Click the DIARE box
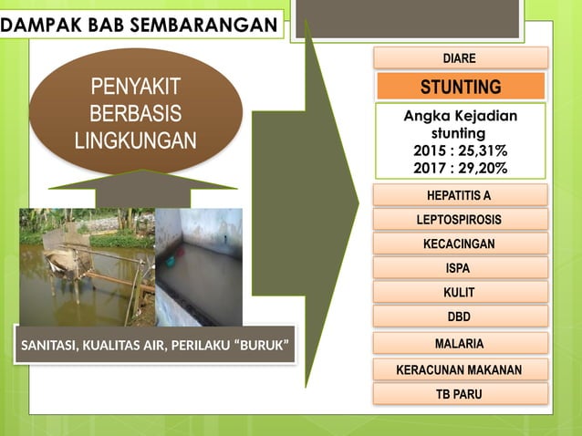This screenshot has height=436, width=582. [x=460, y=58]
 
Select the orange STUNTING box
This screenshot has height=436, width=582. [x=461, y=88]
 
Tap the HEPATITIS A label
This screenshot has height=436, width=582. [x=460, y=195]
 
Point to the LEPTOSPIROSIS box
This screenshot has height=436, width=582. [x=460, y=220]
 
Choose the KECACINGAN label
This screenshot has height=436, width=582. [x=460, y=244]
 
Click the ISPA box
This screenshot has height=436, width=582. [x=460, y=268]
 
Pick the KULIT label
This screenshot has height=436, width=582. [x=460, y=293]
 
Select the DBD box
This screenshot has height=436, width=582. [x=460, y=317]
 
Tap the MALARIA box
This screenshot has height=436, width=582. [x=460, y=344]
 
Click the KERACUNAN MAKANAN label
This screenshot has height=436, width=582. [x=460, y=370]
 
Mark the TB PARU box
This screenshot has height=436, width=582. [x=460, y=394]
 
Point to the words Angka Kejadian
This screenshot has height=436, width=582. [x=460, y=116]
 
